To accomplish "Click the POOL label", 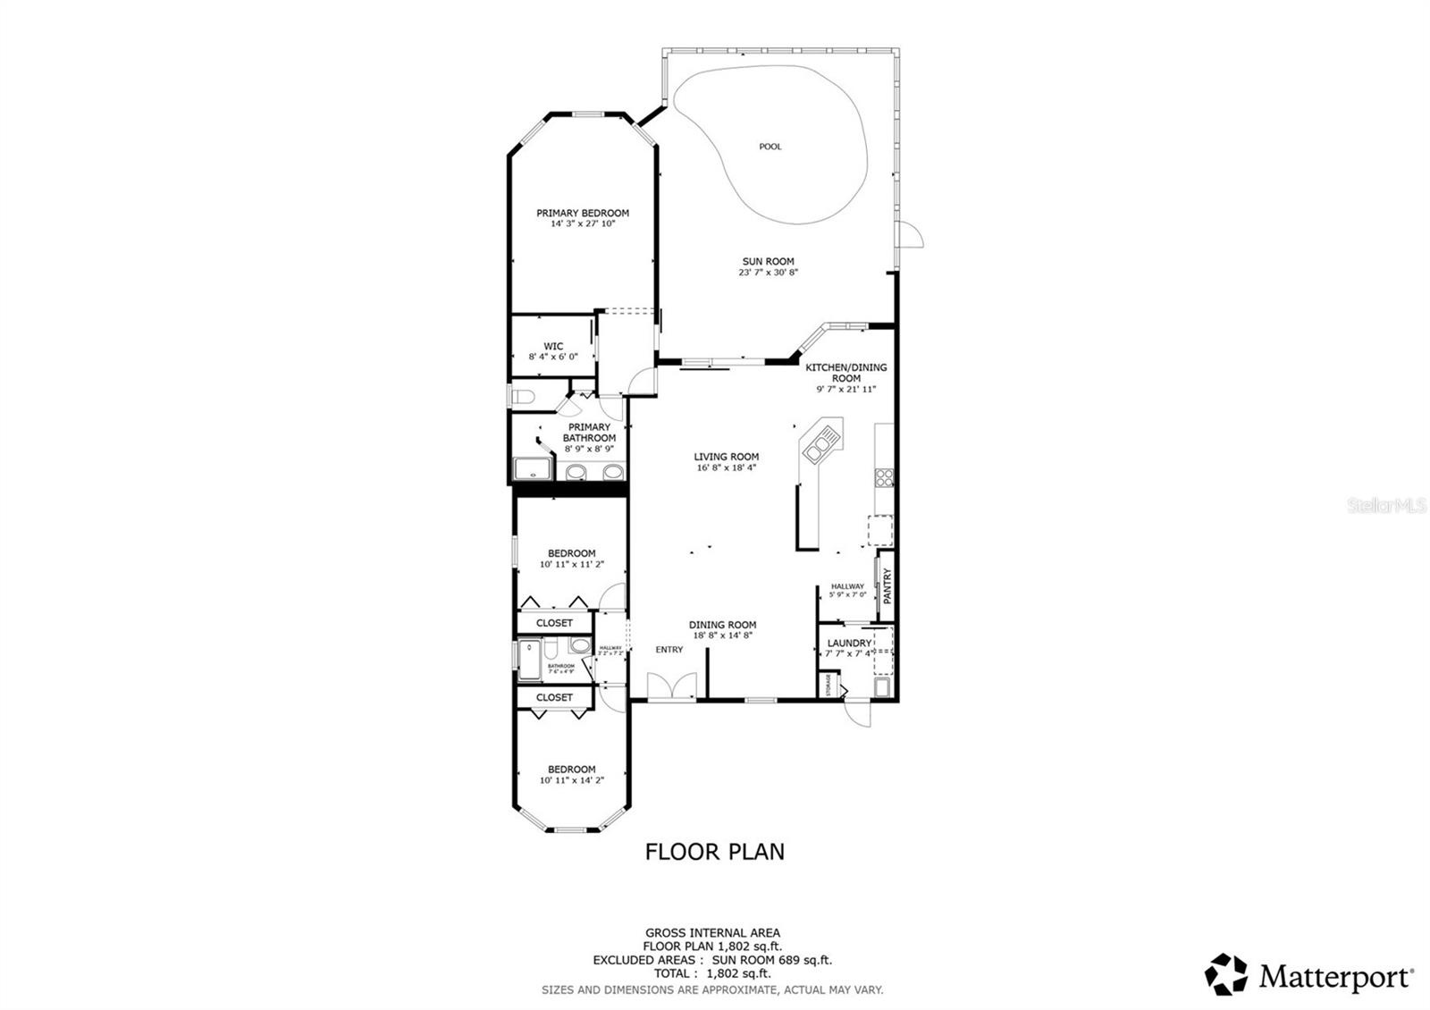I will point(770,147).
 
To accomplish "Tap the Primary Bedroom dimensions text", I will point(583,223).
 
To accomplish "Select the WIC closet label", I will point(553,346).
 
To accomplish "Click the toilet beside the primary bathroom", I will point(521,396).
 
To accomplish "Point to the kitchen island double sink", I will point(821,444).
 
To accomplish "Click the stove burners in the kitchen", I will point(884,477).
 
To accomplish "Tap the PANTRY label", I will point(887,587).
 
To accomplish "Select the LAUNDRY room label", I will point(849,643).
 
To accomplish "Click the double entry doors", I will point(671,687).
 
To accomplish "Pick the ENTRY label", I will point(669,650).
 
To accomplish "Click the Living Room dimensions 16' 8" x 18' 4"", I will point(726,467).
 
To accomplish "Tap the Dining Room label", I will point(722,625).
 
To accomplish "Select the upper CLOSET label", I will point(554,623).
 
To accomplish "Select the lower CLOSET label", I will point(554,697).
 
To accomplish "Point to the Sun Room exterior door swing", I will point(913,234).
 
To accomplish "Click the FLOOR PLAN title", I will point(714,852).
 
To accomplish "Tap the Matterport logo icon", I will point(1226,974).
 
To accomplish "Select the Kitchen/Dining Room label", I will point(845,373).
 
